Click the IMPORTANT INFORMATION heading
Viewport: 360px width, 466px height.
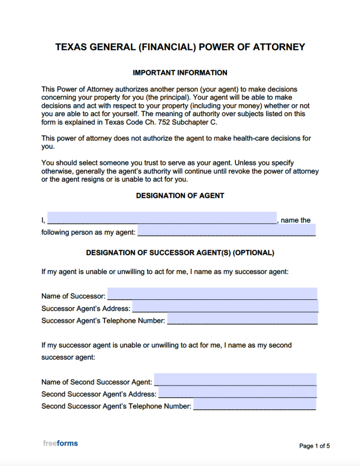180,73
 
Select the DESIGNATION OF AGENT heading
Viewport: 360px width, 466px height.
180,195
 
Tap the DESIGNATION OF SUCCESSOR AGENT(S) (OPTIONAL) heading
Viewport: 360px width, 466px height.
180,252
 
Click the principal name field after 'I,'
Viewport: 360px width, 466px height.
162,218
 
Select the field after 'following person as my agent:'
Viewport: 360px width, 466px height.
226,230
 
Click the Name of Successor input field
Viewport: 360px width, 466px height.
212,294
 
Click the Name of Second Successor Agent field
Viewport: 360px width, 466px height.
235,380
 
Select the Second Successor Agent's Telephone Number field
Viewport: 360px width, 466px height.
255,404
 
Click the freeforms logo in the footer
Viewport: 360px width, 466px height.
60,443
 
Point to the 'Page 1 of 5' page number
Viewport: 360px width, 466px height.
315,446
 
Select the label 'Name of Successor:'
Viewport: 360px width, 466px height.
73,296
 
